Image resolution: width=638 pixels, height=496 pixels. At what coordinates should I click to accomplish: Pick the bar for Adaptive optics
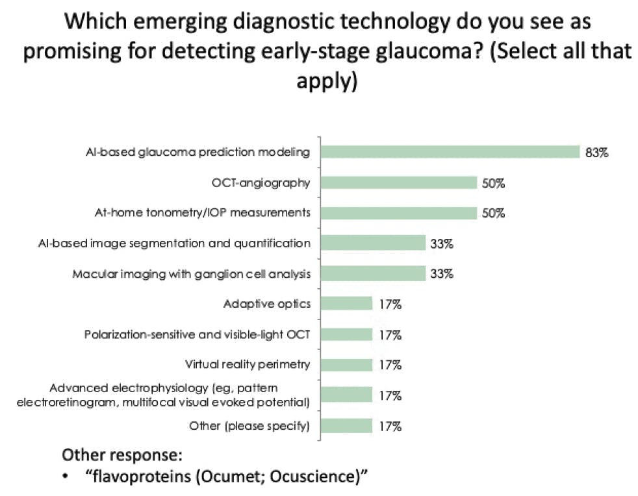(x=346, y=304)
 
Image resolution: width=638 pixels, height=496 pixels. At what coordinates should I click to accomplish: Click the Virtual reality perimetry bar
(x=346, y=364)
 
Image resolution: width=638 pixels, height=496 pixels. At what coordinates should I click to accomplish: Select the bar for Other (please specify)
(x=346, y=426)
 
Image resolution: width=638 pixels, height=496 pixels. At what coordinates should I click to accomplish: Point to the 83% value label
(x=596, y=153)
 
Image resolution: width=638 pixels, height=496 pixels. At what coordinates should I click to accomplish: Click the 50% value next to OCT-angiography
(x=493, y=183)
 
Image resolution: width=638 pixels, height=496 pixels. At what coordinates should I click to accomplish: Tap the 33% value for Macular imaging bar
(x=440, y=274)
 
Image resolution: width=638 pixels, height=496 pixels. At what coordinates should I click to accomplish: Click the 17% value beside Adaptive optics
(x=390, y=304)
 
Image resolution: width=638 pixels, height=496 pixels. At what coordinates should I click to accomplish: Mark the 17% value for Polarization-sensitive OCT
(x=390, y=335)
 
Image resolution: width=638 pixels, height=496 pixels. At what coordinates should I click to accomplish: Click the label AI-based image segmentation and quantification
(x=174, y=243)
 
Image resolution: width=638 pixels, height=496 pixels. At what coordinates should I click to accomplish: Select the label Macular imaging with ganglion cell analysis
(x=191, y=274)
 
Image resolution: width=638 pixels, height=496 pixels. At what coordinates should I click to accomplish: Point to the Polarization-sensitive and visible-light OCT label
(x=198, y=335)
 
